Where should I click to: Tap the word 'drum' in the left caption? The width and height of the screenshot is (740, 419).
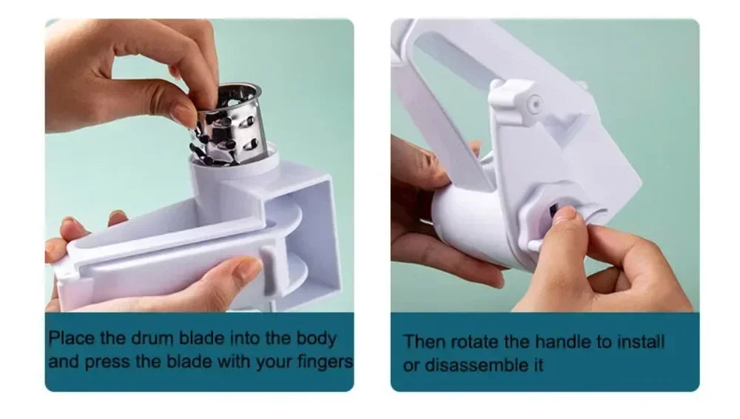point(153,339)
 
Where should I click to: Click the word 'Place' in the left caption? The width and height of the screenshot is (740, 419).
point(71,339)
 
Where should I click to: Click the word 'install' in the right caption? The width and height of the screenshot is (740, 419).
point(640,342)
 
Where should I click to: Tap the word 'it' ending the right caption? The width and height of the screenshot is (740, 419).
point(537,365)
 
